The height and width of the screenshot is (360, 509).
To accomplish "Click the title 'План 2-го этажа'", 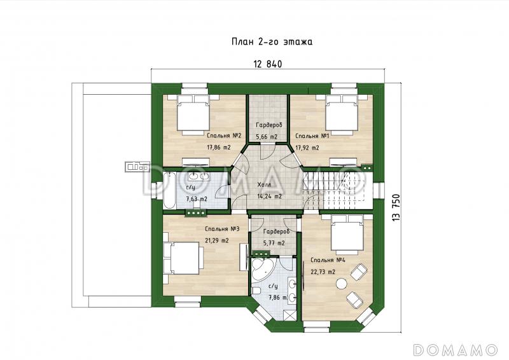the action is pyautogui.click(x=272, y=42).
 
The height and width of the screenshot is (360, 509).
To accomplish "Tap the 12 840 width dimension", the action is pyautogui.click(x=268, y=64).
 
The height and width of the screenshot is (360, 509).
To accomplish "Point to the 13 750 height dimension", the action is pyautogui.click(x=396, y=208).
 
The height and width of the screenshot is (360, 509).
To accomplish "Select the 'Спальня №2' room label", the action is pyautogui.click(x=224, y=135).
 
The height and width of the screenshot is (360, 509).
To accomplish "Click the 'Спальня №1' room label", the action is pyautogui.click(x=312, y=136).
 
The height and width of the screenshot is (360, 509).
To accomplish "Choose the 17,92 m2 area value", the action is pyautogui.click(x=307, y=148).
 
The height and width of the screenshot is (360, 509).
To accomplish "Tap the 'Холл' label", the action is pyautogui.click(x=264, y=184).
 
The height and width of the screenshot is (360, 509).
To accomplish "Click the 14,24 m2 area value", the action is pyautogui.click(x=269, y=196).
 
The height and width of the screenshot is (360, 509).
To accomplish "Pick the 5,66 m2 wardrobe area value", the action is pyautogui.click(x=267, y=137).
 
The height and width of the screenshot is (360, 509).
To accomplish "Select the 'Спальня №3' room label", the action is pyautogui.click(x=222, y=229).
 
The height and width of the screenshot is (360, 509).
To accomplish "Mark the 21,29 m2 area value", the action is pyautogui.click(x=217, y=240).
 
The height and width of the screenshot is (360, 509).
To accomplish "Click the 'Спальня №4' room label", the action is pyautogui.click(x=328, y=260).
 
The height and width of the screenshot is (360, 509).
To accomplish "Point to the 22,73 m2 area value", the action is pyautogui.click(x=323, y=272).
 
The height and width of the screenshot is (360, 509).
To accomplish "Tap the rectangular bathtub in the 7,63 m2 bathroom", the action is pyautogui.click(x=169, y=191).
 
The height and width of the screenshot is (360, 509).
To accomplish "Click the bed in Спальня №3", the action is pyautogui.click(x=183, y=258).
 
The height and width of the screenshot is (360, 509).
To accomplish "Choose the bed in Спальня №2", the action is pyautogui.click(x=193, y=115).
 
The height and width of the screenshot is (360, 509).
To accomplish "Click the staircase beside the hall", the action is pyautogui.click(x=335, y=191).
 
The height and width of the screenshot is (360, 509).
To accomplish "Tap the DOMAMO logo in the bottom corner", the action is pyautogui.click(x=456, y=349).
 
